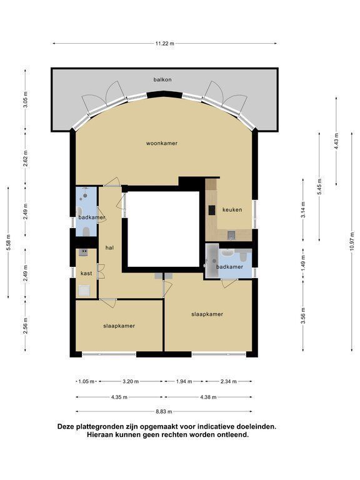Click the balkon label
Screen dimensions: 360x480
pos(162,79)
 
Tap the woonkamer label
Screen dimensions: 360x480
pos(162,143)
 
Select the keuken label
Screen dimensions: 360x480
pos(232,210)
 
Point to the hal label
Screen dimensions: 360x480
pos(109,247)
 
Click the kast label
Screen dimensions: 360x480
pos(86,273)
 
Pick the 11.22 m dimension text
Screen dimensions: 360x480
pos(165,44)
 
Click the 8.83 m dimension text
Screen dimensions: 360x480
pos(164,411)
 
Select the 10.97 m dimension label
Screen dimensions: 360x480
pos(352,241)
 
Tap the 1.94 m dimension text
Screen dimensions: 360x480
pos(184,381)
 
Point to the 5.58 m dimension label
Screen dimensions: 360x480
pos(9,242)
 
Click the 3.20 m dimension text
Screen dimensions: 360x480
pos(131,381)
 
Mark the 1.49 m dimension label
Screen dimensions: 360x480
pos(304,263)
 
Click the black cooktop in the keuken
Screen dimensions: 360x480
pos(212,210)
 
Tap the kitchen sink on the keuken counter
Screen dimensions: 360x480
pos(231,235)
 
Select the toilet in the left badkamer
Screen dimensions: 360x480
pos(86,232)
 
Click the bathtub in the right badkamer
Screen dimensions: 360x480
pos(212,261)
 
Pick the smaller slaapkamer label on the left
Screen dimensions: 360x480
pos(119,326)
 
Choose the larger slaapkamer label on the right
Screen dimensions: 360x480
pos(207,314)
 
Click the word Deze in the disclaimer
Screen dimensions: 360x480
pos(66,426)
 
